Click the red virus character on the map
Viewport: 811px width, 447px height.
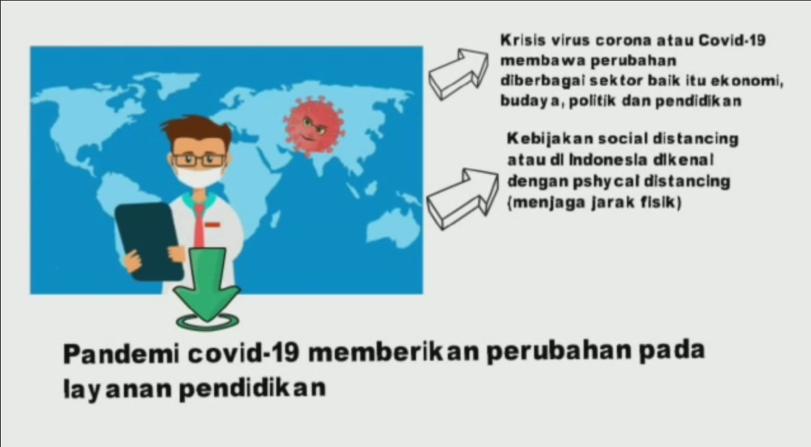[x=314, y=126]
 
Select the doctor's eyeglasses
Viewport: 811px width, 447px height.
[x=199, y=159]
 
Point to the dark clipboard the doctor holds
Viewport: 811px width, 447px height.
[x=148, y=241]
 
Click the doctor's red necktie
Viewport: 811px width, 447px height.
[x=199, y=227]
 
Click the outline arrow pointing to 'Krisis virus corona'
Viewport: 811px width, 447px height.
[x=458, y=74]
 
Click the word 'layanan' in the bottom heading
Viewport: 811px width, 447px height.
[x=117, y=388]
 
